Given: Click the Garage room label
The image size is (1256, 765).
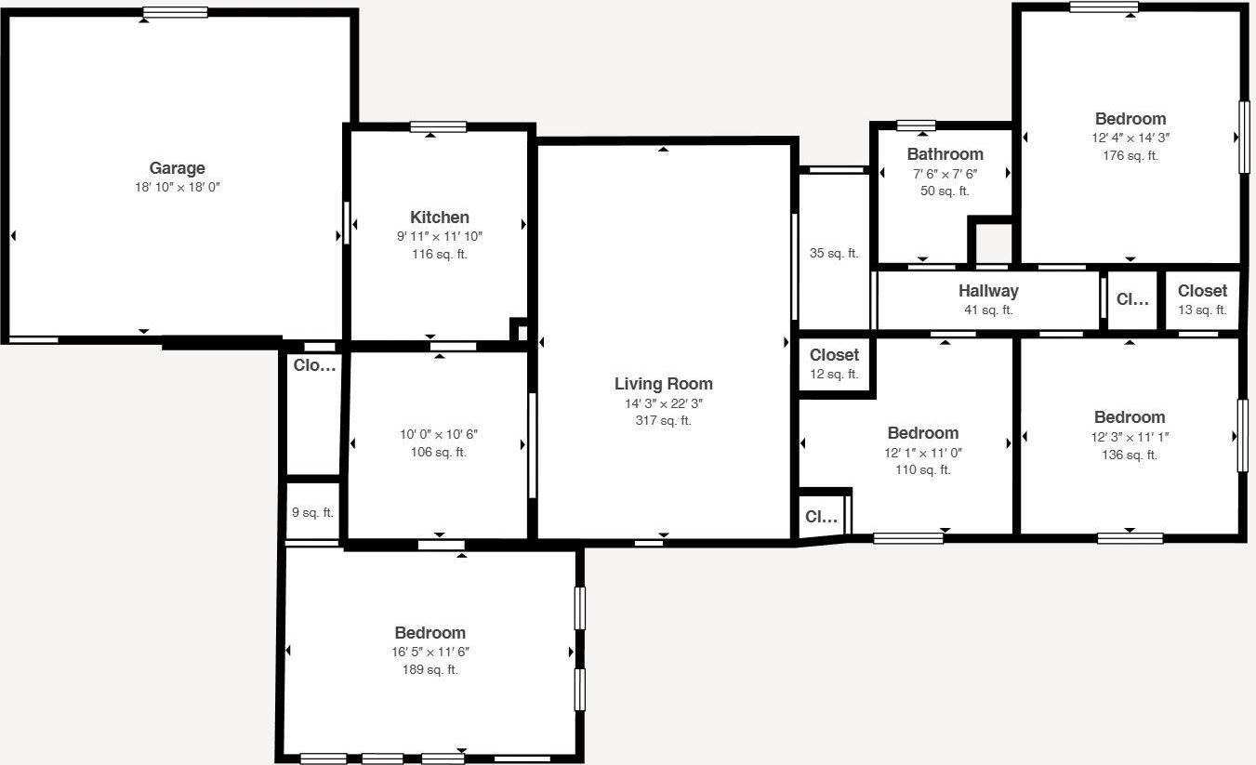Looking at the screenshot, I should tap(177, 168).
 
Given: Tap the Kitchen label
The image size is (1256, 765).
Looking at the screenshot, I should tap(439, 218).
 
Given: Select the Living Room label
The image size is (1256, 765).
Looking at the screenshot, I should tap(663, 384).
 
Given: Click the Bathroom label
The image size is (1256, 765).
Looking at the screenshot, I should tap(945, 154).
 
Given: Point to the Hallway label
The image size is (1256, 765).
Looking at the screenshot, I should tap(988, 291).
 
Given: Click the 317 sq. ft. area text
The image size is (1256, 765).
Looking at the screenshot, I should tap(663, 420).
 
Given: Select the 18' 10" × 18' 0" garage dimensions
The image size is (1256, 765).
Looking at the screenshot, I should tap(177, 187).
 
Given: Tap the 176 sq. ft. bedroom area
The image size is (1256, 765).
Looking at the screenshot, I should tap(1130, 155).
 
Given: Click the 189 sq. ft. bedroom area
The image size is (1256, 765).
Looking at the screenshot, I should tap(430, 669).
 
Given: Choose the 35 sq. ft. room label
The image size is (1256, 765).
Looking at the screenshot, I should tap(834, 253).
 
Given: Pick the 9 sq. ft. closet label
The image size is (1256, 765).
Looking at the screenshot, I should tap(312, 512).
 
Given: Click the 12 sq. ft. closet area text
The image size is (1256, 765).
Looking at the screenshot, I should tap(834, 374).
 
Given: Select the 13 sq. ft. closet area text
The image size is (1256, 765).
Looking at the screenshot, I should tap(1202, 310).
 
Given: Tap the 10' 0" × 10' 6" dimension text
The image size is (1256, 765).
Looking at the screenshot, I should tap(439, 434).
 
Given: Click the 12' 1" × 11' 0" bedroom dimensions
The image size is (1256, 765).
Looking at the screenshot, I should tap(922, 452).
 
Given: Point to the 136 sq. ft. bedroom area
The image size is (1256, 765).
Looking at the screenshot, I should tap(1129, 455).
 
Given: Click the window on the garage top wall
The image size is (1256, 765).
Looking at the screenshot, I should tap(176, 13).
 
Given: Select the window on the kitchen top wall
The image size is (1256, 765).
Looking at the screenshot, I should tap(438, 127).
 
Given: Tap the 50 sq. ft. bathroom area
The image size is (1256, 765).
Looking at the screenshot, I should tap(945, 191).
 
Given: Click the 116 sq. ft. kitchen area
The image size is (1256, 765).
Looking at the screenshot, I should tap(439, 254).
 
